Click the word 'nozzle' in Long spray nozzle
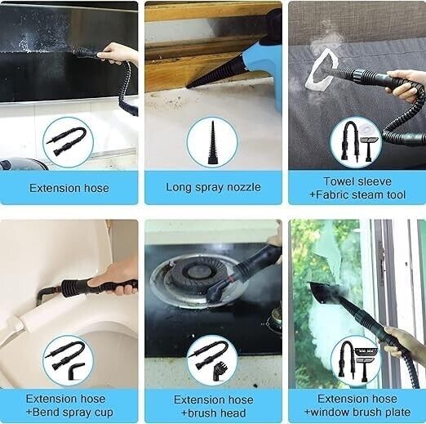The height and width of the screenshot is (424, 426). point(244,187)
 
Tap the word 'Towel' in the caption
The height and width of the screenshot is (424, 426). point(339,181)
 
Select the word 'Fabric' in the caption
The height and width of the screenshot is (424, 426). point(332,195)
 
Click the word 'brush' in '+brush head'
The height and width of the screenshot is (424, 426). point(202,413)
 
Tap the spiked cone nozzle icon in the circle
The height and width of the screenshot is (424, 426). point(212,142)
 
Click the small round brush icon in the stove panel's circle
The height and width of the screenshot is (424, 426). point(220,370)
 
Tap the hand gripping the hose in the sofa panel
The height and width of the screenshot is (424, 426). point(406,84)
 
